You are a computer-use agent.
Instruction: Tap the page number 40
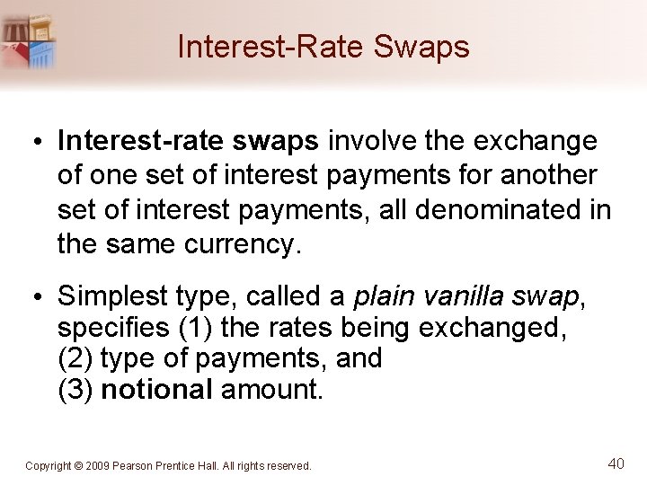pos(616,463)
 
